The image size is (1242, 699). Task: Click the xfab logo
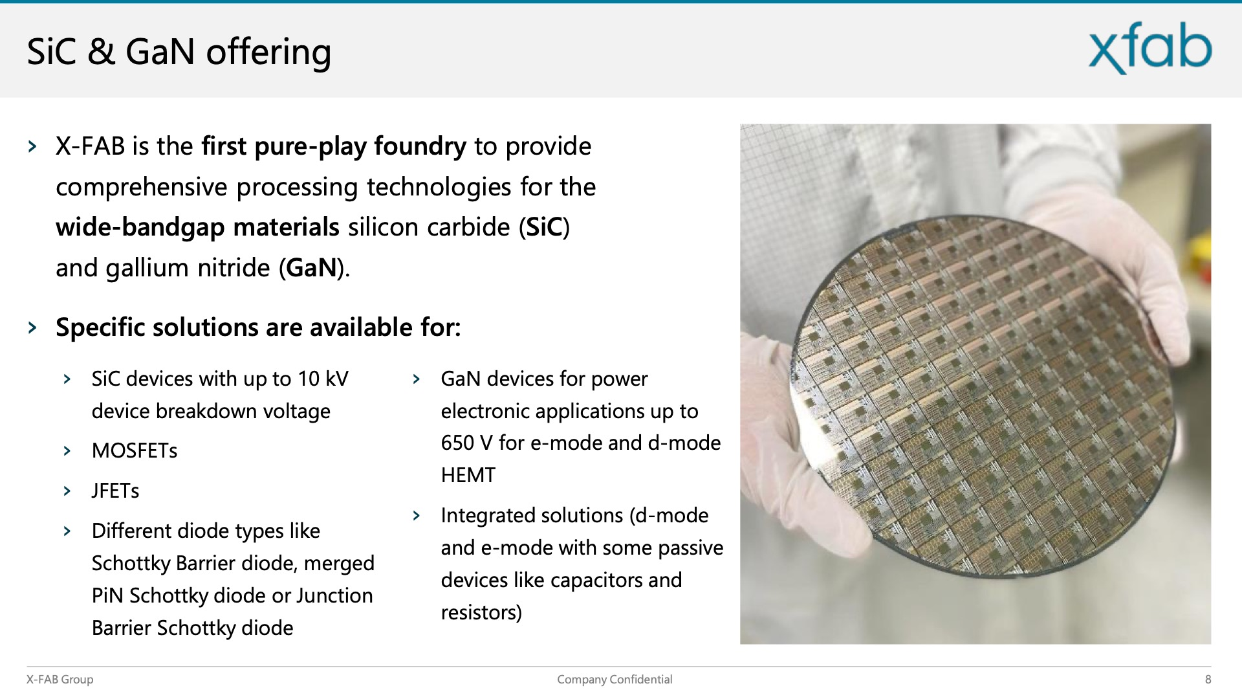pos(1149,48)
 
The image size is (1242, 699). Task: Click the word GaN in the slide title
pos(160,52)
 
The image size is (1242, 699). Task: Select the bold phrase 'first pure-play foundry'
pos(334,147)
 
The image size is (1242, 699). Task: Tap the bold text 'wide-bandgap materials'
pos(197,227)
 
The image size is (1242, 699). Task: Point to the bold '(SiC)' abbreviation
pos(544,227)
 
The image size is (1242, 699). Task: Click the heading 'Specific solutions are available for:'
pos(258,327)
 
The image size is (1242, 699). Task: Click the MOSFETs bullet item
pos(135,450)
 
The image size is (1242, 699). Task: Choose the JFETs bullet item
pos(116,491)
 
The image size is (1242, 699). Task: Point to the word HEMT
pos(468,475)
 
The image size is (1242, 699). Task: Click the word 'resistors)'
pos(481,612)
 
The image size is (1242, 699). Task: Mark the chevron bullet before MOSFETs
pos(67,450)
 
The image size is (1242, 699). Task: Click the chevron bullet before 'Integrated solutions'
pos(417,515)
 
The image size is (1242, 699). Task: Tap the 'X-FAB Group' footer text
pos(60,680)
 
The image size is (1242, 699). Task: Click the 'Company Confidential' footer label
pos(615,680)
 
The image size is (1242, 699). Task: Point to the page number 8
pos(1208,680)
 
